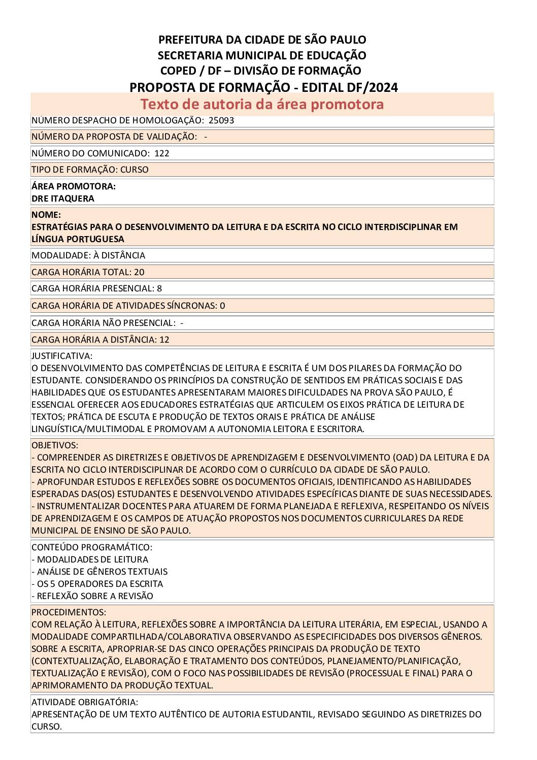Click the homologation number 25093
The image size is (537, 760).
coord(221,121)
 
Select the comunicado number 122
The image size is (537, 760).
coord(162,153)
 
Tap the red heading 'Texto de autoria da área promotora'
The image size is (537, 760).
coord(262,104)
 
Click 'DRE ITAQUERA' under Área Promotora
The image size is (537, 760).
coord(63,199)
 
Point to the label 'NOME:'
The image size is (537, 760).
coord(46,215)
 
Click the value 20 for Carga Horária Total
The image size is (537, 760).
coord(139,272)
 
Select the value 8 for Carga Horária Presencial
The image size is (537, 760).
coord(159,288)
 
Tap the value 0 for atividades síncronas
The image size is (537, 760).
coord(222,306)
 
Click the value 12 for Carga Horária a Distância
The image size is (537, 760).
coord(164,340)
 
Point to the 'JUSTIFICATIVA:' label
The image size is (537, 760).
coord(62,356)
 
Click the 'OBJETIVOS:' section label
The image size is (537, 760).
coord(55,445)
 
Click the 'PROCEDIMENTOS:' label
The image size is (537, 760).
coord(69,612)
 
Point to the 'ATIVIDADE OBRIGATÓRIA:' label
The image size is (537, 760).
coord(85,702)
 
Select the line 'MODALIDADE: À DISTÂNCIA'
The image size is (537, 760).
coord(88,255)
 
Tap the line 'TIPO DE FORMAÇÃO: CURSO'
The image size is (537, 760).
coord(90,170)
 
